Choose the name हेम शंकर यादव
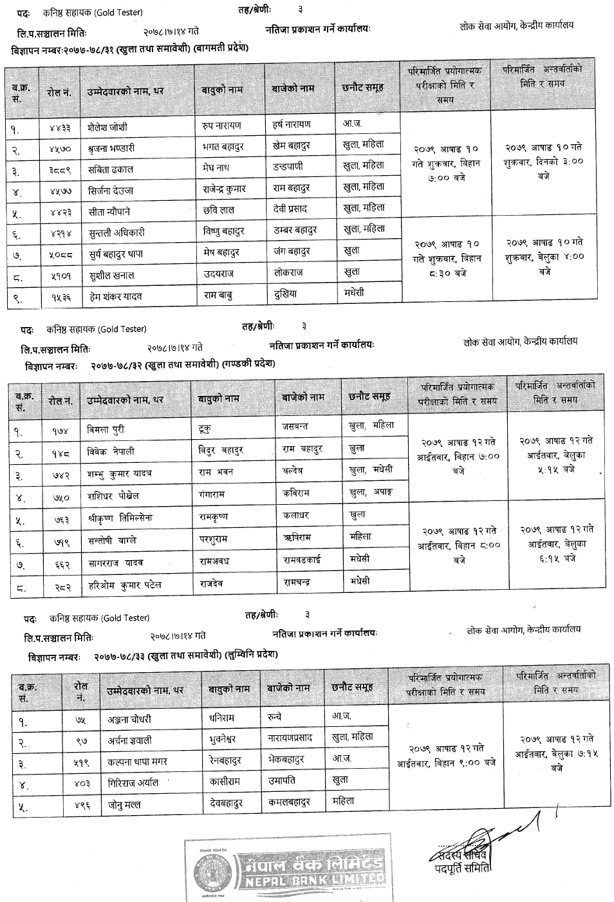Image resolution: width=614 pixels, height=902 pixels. pyautogui.click(x=116, y=296)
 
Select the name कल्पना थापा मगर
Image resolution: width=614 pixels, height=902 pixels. pyautogui.click(x=136, y=761)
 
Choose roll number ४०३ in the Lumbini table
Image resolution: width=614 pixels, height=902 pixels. pyautogui.click(x=80, y=783)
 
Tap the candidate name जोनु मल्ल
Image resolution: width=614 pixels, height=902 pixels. pyautogui.click(x=124, y=805)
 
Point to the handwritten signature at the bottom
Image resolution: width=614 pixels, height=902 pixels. pyautogui.click(x=489, y=837)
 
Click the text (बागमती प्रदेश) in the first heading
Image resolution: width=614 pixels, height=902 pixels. pyautogui.click(x=218, y=48)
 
